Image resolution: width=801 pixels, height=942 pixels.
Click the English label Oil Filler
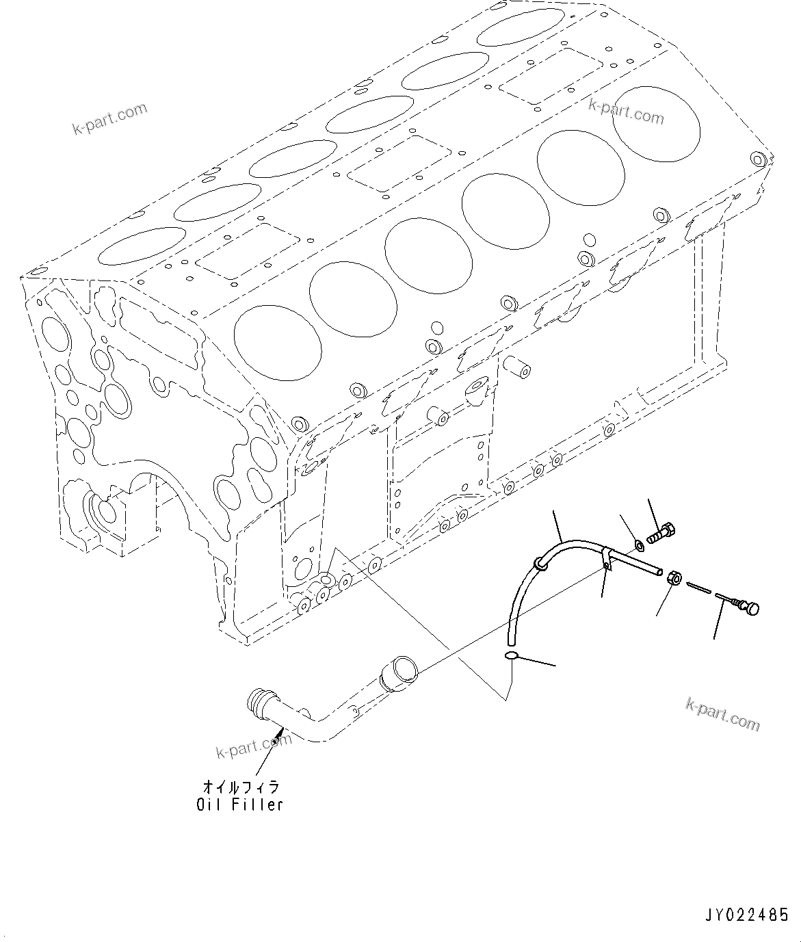coord(239,804)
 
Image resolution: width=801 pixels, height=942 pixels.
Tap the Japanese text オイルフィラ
coord(239,787)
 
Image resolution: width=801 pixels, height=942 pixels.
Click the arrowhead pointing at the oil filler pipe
coord(276,741)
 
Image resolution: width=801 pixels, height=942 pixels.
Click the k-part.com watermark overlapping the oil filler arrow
coord(254,745)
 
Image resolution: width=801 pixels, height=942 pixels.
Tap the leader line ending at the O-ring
coord(537,661)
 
